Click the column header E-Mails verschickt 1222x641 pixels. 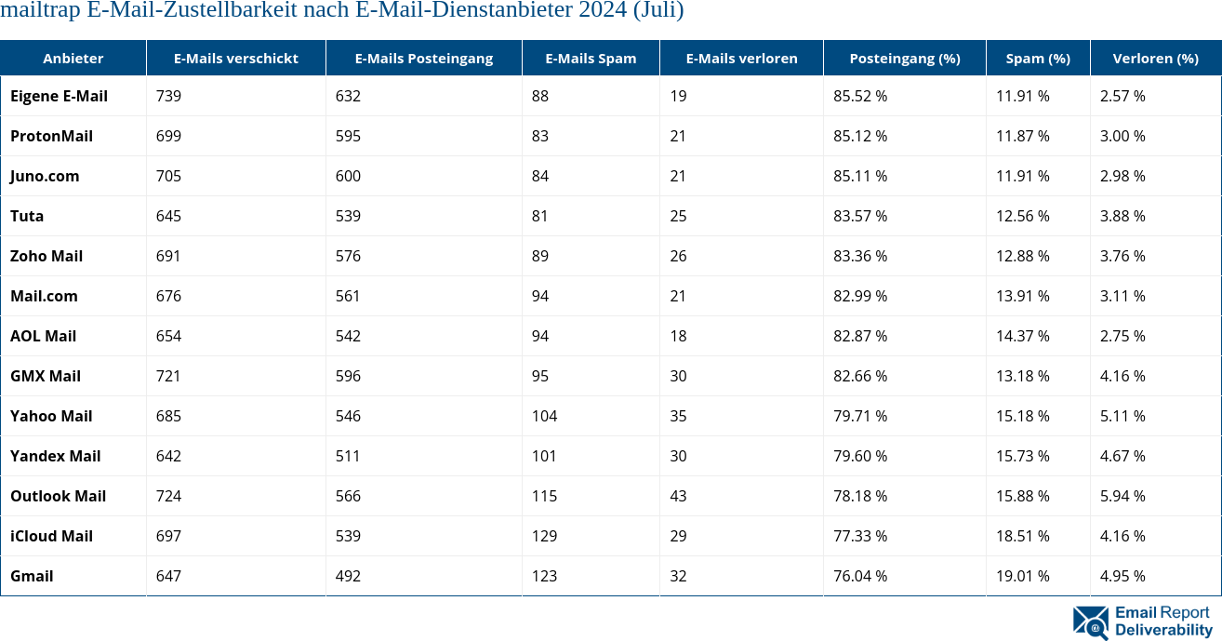click(235, 58)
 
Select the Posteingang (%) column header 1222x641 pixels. click(904, 58)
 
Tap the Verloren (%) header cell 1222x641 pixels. click(1155, 58)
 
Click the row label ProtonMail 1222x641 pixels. click(51, 136)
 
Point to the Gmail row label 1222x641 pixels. click(32, 576)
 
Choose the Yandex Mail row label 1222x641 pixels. click(55, 456)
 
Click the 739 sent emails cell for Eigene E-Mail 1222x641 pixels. click(168, 96)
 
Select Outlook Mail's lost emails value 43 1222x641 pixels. click(678, 496)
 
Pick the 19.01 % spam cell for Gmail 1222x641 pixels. click(1023, 576)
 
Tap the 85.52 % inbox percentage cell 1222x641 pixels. click(860, 96)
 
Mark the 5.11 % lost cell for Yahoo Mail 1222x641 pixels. click(1122, 416)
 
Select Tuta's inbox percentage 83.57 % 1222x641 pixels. click(860, 216)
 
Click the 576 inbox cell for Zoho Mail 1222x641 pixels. click(348, 256)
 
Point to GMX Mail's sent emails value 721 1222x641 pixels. click(168, 376)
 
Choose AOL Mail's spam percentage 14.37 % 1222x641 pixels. click(1023, 336)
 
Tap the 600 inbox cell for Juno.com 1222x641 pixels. click(348, 176)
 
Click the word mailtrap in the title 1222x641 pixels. click(46, 11)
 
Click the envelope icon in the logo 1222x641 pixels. click(1090, 621)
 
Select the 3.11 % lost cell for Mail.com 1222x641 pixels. click(1122, 296)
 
